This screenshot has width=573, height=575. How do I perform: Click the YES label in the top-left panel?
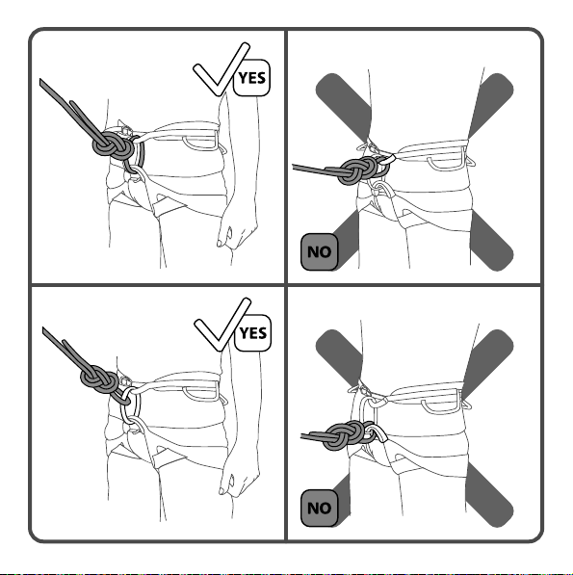click(251, 78)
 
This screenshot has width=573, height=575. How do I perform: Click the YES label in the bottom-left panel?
click(252, 333)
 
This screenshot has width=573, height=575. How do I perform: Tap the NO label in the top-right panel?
click(319, 252)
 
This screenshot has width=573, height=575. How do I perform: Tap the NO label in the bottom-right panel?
click(319, 509)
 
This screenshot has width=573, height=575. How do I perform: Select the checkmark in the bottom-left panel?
click(221, 326)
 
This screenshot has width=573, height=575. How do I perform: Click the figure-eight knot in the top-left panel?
click(114, 144)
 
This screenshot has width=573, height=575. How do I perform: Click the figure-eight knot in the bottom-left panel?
click(99, 379)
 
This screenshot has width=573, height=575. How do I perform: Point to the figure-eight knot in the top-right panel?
click(356, 170)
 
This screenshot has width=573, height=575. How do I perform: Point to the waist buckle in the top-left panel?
click(125, 130)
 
